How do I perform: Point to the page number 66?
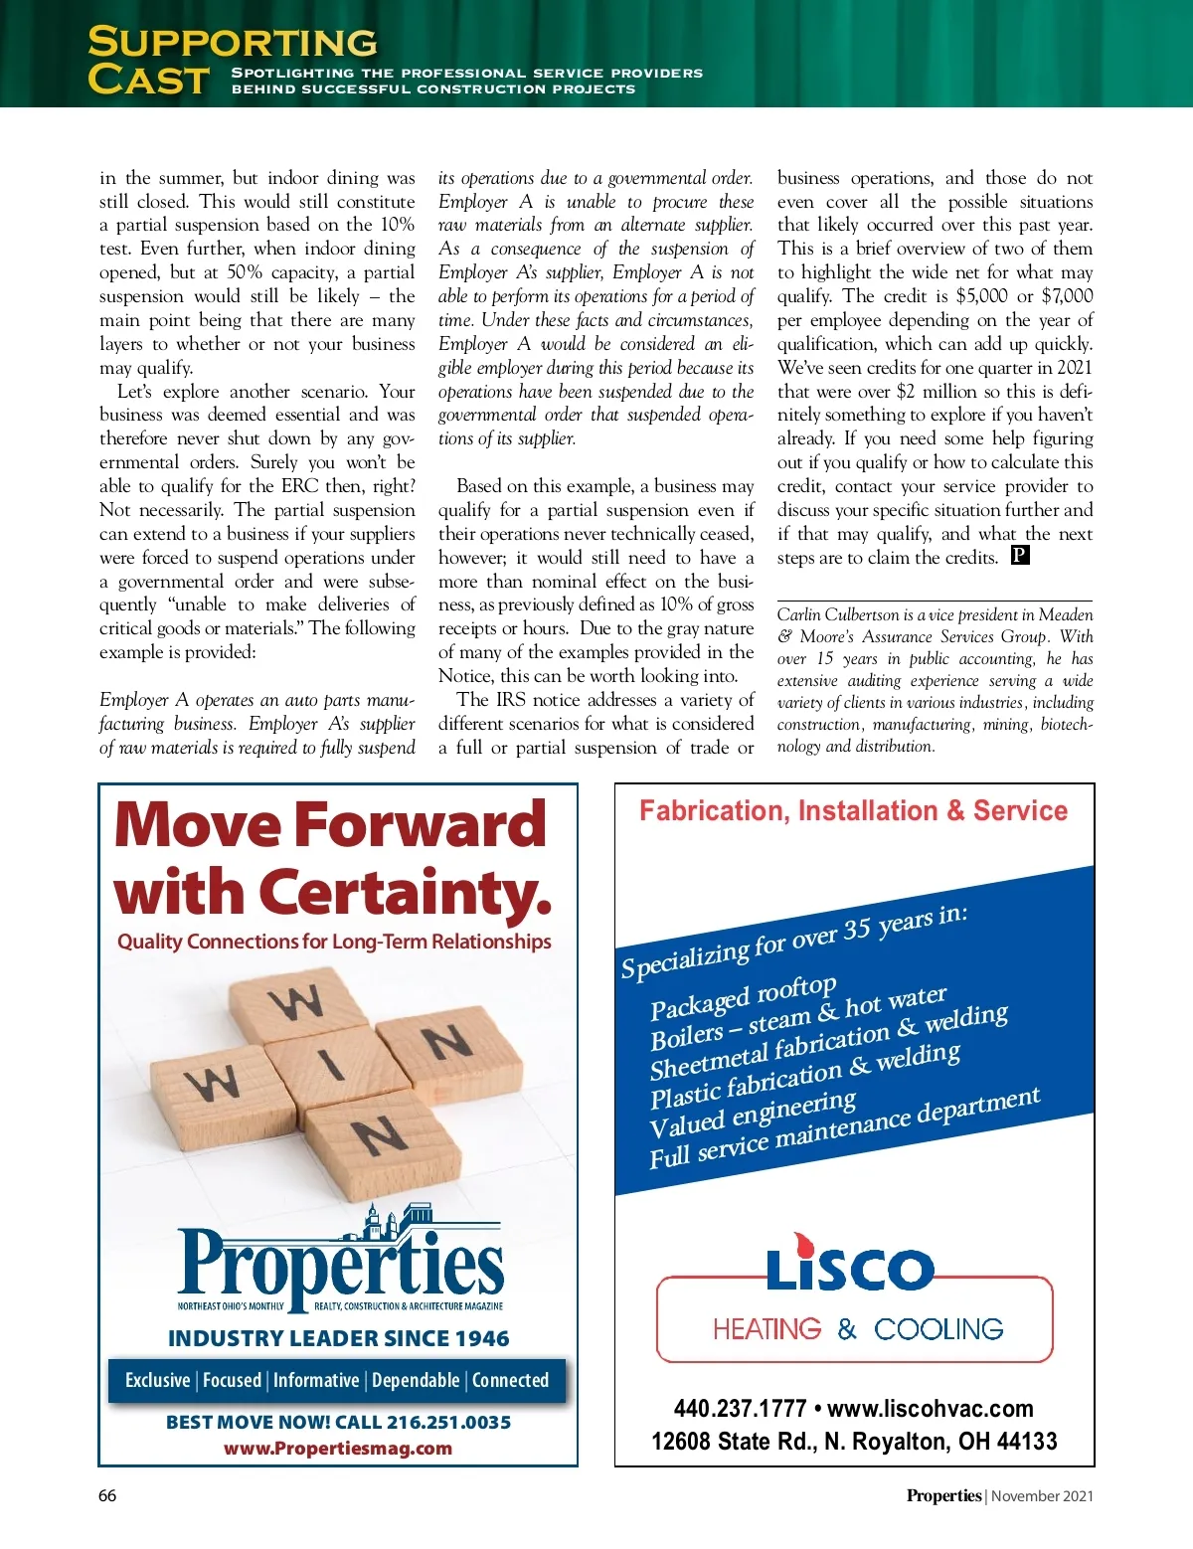pyautogui.click(x=107, y=1495)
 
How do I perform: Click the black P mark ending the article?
pyautogui.click(x=1020, y=555)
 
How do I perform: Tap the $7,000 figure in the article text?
pyautogui.click(x=1067, y=295)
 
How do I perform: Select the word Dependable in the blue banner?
pyautogui.click(x=416, y=1380)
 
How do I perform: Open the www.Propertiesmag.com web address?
pyautogui.click(x=338, y=1449)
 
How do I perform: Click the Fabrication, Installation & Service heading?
pyautogui.click(x=853, y=811)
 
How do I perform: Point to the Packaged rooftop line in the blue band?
pyautogui.click(x=744, y=998)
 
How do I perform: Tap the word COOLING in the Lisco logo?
pyautogui.click(x=938, y=1329)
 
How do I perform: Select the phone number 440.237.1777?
pyautogui.click(x=740, y=1408)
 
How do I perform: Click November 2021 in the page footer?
pyautogui.click(x=1042, y=1495)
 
